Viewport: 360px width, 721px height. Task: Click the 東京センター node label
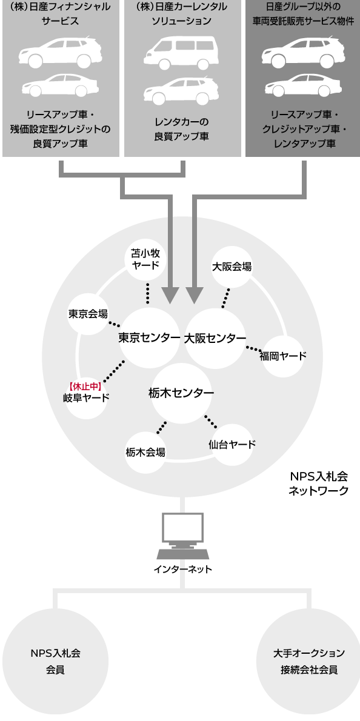coord(149,338)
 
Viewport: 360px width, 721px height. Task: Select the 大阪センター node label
coord(215,339)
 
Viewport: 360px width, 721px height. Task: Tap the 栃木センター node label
coord(181,393)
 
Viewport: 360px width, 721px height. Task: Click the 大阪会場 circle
coord(232,267)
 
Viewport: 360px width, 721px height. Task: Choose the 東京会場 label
coord(88,314)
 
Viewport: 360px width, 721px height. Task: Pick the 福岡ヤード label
coord(283,356)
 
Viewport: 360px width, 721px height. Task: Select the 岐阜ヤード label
coord(86,397)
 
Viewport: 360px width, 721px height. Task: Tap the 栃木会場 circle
coord(145,453)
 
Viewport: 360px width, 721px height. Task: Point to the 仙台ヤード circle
coord(232,444)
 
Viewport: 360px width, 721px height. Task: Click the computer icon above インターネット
coord(182,536)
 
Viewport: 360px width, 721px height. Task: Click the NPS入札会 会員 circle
coord(56,661)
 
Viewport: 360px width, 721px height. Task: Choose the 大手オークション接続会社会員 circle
coord(308,661)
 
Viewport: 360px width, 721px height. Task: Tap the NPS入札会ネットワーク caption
coord(319,482)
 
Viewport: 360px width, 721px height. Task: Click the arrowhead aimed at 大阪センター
coord(195,296)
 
